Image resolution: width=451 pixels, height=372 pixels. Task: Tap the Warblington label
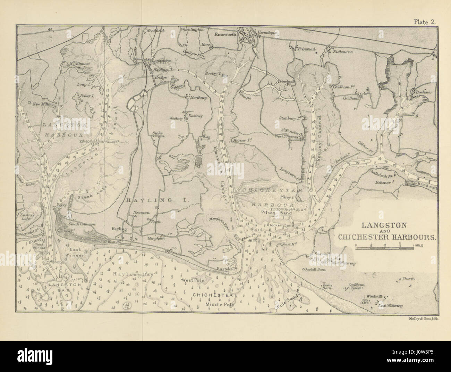pyautogui.click(x=192, y=30)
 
